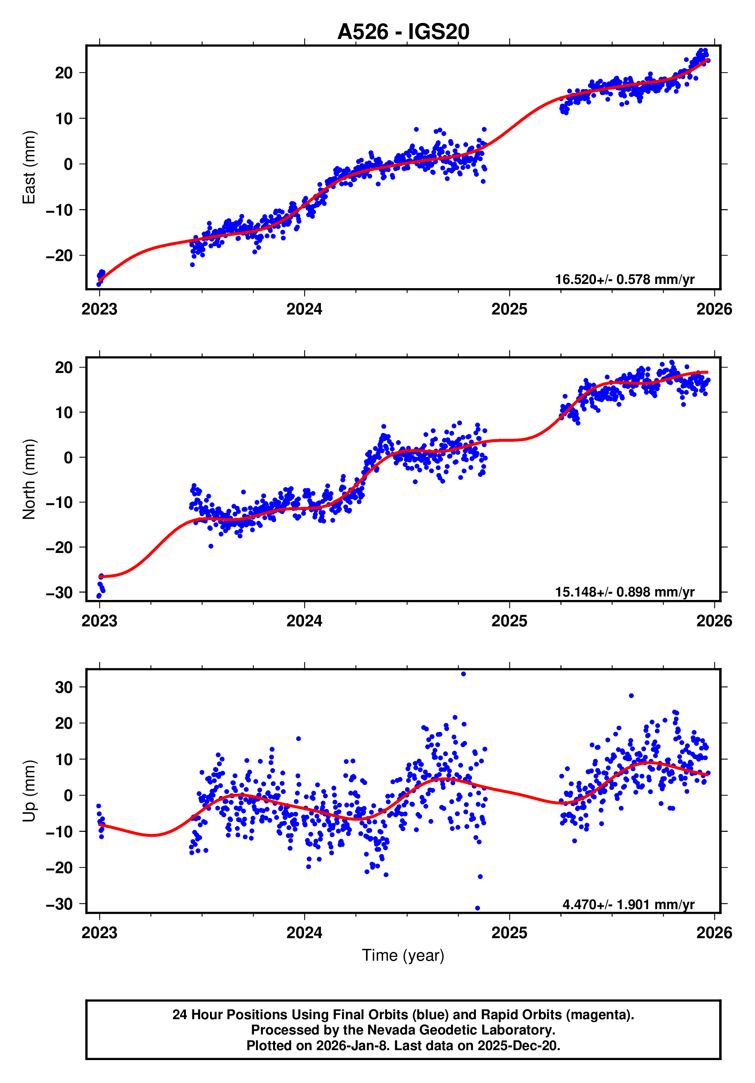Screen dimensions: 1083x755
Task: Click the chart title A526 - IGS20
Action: tap(403, 32)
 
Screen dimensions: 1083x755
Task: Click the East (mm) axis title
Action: tap(29, 167)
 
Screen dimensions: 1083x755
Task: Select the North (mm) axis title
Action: tap(29, 479)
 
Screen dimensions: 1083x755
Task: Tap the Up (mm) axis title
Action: tap(29, 791)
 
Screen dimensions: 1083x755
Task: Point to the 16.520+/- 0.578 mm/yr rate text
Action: tap(624, 279)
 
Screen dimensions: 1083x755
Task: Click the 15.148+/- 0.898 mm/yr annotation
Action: tap(624, 592)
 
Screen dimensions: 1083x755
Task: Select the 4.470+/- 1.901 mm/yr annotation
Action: tap(628, 904)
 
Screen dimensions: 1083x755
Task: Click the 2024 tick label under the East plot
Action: tap(304, 310)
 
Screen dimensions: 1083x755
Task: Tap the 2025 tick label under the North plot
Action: tap(509, 621)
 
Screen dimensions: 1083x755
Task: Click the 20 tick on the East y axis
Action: tap(64, 73)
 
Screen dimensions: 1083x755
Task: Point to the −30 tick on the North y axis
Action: tap(60, 592)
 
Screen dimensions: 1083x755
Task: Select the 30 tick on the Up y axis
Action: tap(64, 687)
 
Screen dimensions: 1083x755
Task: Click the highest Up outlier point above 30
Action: tap(463, 674)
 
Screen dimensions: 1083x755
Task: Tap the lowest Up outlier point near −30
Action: tap(477, 908)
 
